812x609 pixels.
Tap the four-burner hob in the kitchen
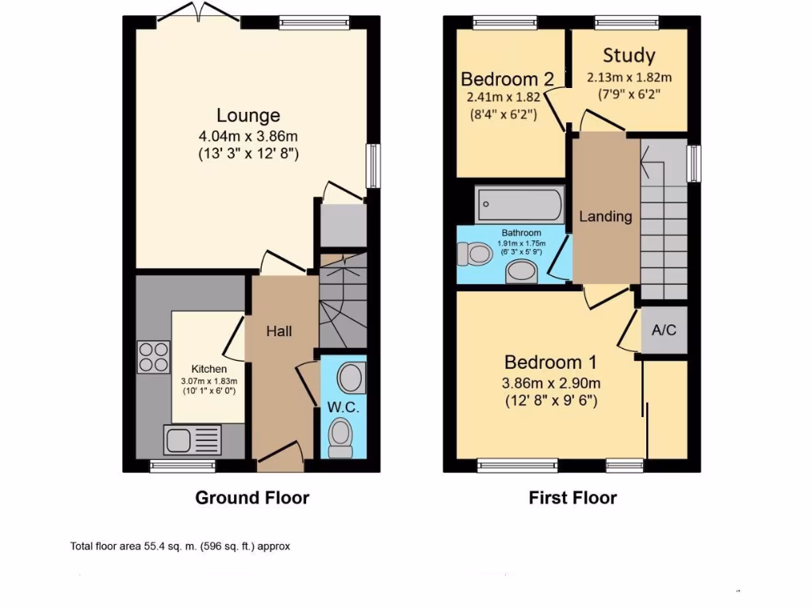pyautogui.click(x=154, y=356)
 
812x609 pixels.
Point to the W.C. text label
pyautogui.click(x=343, y=408)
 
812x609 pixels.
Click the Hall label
pyautogui.click(x=278, y=331)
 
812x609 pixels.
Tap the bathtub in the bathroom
pyautogui.click(x=519, y=205)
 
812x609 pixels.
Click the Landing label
pyautogui.click(x=605, y=216)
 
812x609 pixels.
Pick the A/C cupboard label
pyautogui.click(x=664, y=330)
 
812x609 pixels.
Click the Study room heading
pyautogui.click(x=629, y=56)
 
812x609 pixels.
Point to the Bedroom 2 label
pyautogui.click(x=507, y=79)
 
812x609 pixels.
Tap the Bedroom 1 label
pyautogui.click(x=550, y=362)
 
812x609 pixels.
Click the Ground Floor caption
pyautogui.click(x=252, y=498)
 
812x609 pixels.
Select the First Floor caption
pyautogui.click(x=573, y=498)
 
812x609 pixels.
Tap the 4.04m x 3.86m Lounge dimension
pyautogui.click(x=249, y=136)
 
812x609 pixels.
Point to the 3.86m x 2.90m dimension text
pyautogui.click(x=550, y=383)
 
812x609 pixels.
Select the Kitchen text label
pyautogui.click(x=209, y=369)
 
